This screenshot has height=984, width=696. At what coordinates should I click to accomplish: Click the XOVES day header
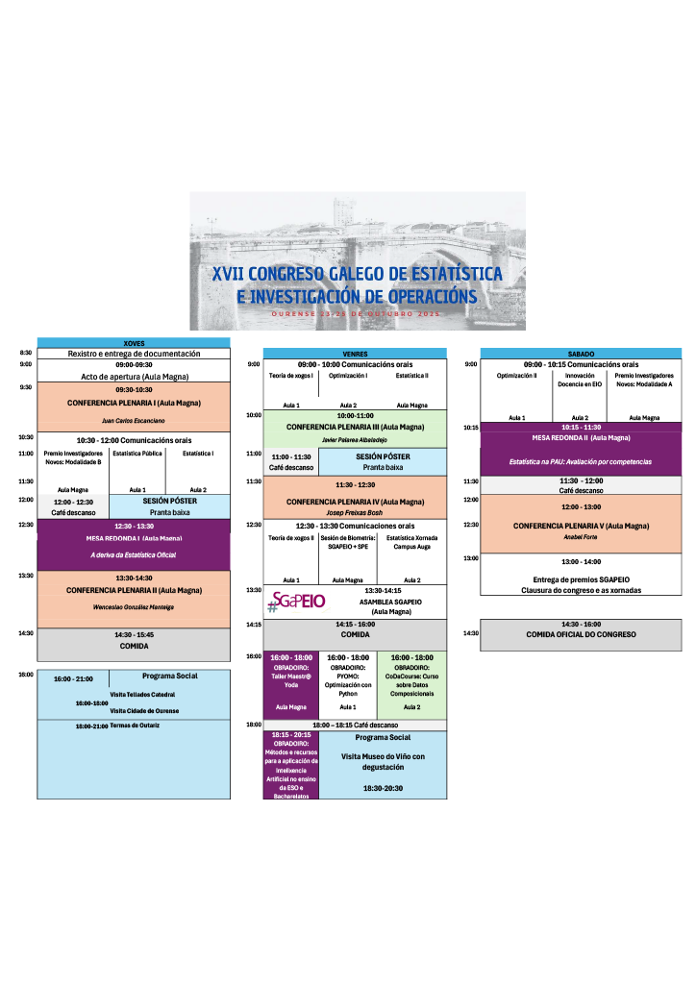click(134, 343)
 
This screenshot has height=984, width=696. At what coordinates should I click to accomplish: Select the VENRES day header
click(355, 354)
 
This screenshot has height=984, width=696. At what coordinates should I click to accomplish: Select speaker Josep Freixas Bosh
click(355, 512)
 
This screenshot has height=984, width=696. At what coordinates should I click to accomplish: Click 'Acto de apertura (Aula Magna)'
click(134, 377)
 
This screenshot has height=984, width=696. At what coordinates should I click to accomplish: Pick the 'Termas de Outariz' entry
click(135, 725)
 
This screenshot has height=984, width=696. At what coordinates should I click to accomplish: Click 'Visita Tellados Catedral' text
click(142, 694)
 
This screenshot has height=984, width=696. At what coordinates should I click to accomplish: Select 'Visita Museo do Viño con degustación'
click(384, 761)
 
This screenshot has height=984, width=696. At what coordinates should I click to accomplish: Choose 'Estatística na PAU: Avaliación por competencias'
click(581, 462)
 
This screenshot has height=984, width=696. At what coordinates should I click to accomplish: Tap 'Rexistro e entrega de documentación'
click(134, 354)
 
